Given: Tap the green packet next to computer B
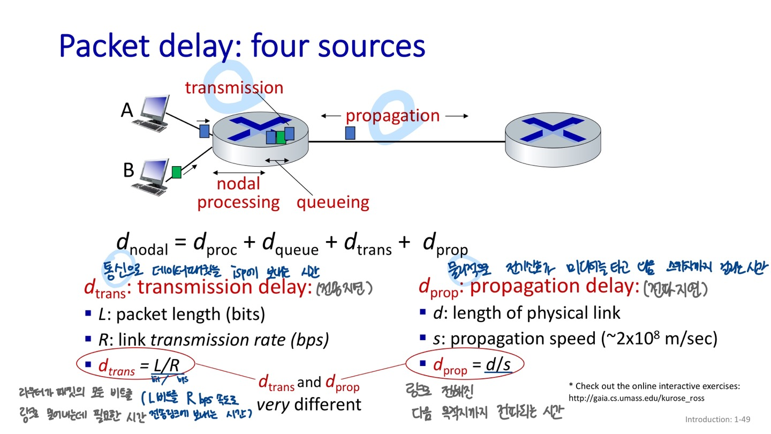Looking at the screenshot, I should (x=177, y=172).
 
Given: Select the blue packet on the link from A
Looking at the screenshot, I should (x=204, y=131).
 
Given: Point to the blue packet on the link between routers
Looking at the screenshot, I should (x=350, y=132).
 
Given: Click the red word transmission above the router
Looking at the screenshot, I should (x=234, y=88).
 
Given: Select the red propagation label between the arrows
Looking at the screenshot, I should (x=392, y=116).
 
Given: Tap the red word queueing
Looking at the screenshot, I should (x=333, y=203).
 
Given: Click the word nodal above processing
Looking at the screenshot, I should (x=238, y=184).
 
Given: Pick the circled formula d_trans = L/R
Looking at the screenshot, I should (x=138, y=365).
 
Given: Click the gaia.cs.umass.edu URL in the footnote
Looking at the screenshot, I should (x=636, y=398).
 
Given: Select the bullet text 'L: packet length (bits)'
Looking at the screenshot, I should (x=182, y=314).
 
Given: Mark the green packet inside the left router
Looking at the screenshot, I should (x=281, y=137).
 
